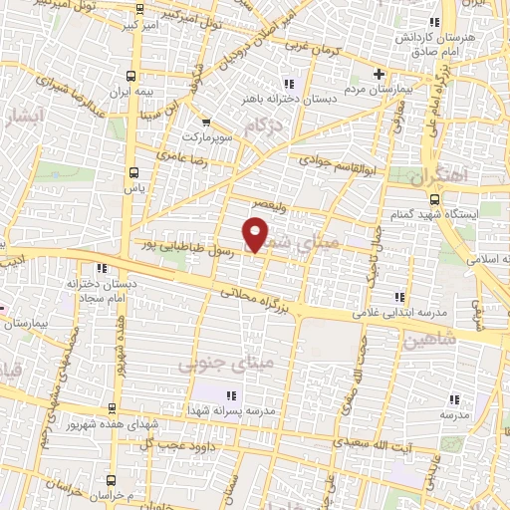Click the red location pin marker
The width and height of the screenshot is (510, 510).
tap(257, 233)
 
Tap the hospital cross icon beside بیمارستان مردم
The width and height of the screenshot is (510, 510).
tap(379, 74)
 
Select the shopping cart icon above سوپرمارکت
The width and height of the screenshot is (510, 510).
tap(206, 122)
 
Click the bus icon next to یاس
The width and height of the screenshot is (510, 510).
tap(135, 171)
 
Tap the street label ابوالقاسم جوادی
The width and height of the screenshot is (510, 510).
tap(336, 160)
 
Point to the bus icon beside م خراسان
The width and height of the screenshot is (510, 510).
tap(108, 494)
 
